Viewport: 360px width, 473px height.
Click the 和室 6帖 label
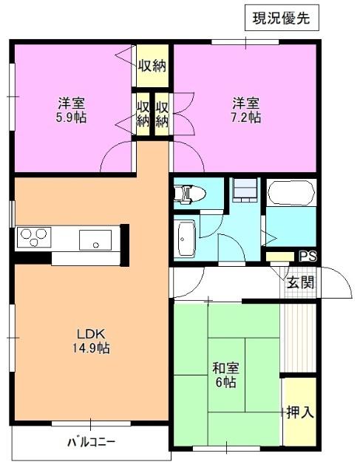(x=225, y=375)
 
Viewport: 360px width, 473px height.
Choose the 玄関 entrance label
(x=300, y=282)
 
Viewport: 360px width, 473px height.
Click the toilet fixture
(x=188, y=194)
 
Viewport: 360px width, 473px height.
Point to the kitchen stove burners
(x=34, y=238)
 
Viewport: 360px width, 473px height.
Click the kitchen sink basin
(x=96, y=239)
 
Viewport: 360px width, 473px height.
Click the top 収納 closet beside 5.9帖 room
(x=152, y=65)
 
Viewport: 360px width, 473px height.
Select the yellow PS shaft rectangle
(x=281, y=256)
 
